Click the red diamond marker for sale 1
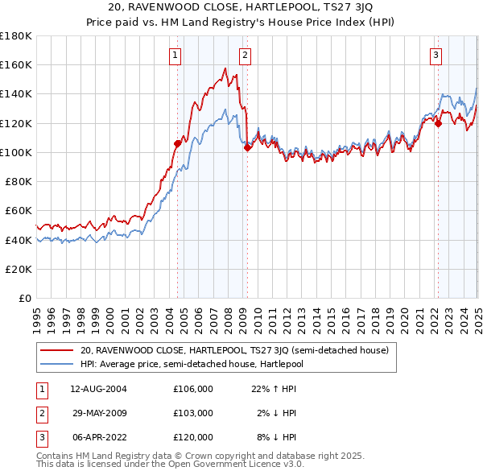click(178, 143)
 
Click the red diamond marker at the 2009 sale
click(248, 147)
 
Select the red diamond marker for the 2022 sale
click(438, 123)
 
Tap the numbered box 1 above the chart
click(175, 56)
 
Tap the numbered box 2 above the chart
click(244, 56)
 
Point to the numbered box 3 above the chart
click(435, 56)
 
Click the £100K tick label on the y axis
click(16, 152)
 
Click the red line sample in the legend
click(57, 350)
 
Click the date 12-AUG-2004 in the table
click(98, 389)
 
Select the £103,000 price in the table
click(193, 413)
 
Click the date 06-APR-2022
click(98, 437)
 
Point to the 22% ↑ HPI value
click(275, 389)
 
